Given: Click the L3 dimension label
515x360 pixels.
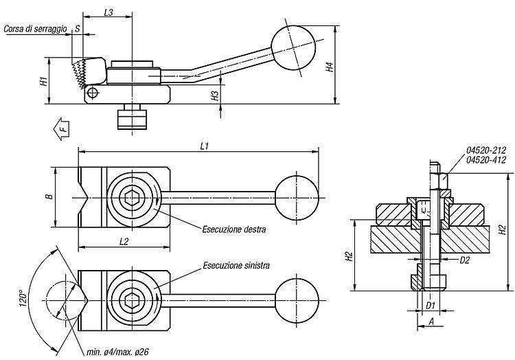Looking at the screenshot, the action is click(x=108, y=12).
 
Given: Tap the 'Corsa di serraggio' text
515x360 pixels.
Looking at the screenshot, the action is click(x=35, y=29).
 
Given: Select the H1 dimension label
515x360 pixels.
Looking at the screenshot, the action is click(x=43, y=81).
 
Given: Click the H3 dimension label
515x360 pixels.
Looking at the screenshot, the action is click(x=215, y=95).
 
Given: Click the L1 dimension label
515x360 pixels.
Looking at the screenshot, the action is click(x=205, y=146).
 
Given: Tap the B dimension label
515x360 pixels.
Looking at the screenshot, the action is click(x=49, y=196).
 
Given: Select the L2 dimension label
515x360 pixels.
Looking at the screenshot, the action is click(x=124, y=242).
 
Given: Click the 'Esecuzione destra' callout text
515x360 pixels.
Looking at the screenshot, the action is click(x=234, y=229).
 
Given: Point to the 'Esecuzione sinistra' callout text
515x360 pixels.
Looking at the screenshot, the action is click(x=236, y=265).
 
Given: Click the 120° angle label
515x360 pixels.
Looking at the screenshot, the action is click(x=23, y=298).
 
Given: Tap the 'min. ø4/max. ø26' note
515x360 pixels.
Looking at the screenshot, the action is click(x=117, y=352).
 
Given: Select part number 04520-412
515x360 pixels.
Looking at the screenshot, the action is click(x=486, y=160).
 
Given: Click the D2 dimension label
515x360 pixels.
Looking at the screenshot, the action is click(x=464, y=260).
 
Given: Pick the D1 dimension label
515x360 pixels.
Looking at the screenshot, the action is click(x=431, y=306).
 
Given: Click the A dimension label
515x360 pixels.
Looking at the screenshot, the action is click(x=432, y=322).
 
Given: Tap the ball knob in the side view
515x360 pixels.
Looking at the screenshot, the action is click(x=293, y=48).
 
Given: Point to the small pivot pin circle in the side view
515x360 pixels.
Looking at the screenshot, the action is click(x=93, y=93).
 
